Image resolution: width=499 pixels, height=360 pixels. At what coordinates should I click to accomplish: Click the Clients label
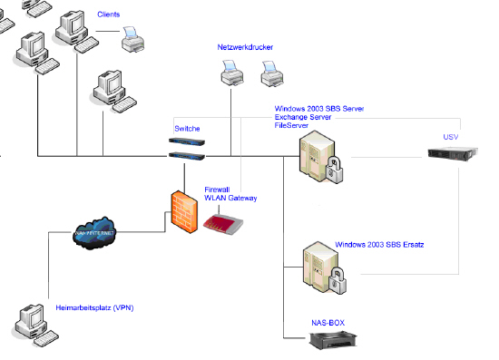tap(108, 15)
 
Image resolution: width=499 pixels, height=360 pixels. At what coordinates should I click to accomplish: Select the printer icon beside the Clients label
tap(133, 38)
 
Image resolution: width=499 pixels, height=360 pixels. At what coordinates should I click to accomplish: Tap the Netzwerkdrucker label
tap(244, 46)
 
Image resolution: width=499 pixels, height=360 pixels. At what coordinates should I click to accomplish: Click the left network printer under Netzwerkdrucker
tap(231, 72)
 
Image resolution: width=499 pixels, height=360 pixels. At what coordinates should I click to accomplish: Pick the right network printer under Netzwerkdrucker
tap(272, 73)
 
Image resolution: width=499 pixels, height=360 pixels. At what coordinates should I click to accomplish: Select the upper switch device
tap(187, 141)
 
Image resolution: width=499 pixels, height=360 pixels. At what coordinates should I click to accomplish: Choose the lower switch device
tap(187, 155)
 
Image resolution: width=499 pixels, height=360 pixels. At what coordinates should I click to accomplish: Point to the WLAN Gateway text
tap(230, 198)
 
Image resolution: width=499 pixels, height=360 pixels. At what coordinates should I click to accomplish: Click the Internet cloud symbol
tap(96, 232)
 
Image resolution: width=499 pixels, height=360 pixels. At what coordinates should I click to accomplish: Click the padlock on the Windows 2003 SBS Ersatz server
tap(337, 278)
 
